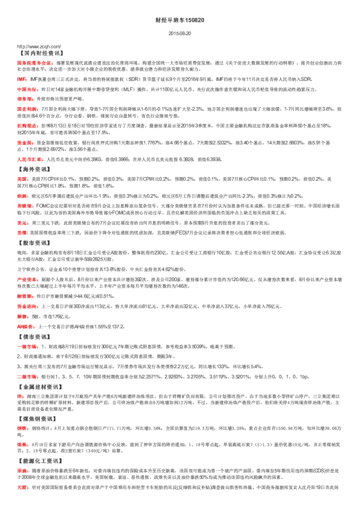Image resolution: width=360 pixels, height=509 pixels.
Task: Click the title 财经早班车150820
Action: pos(180,20)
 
